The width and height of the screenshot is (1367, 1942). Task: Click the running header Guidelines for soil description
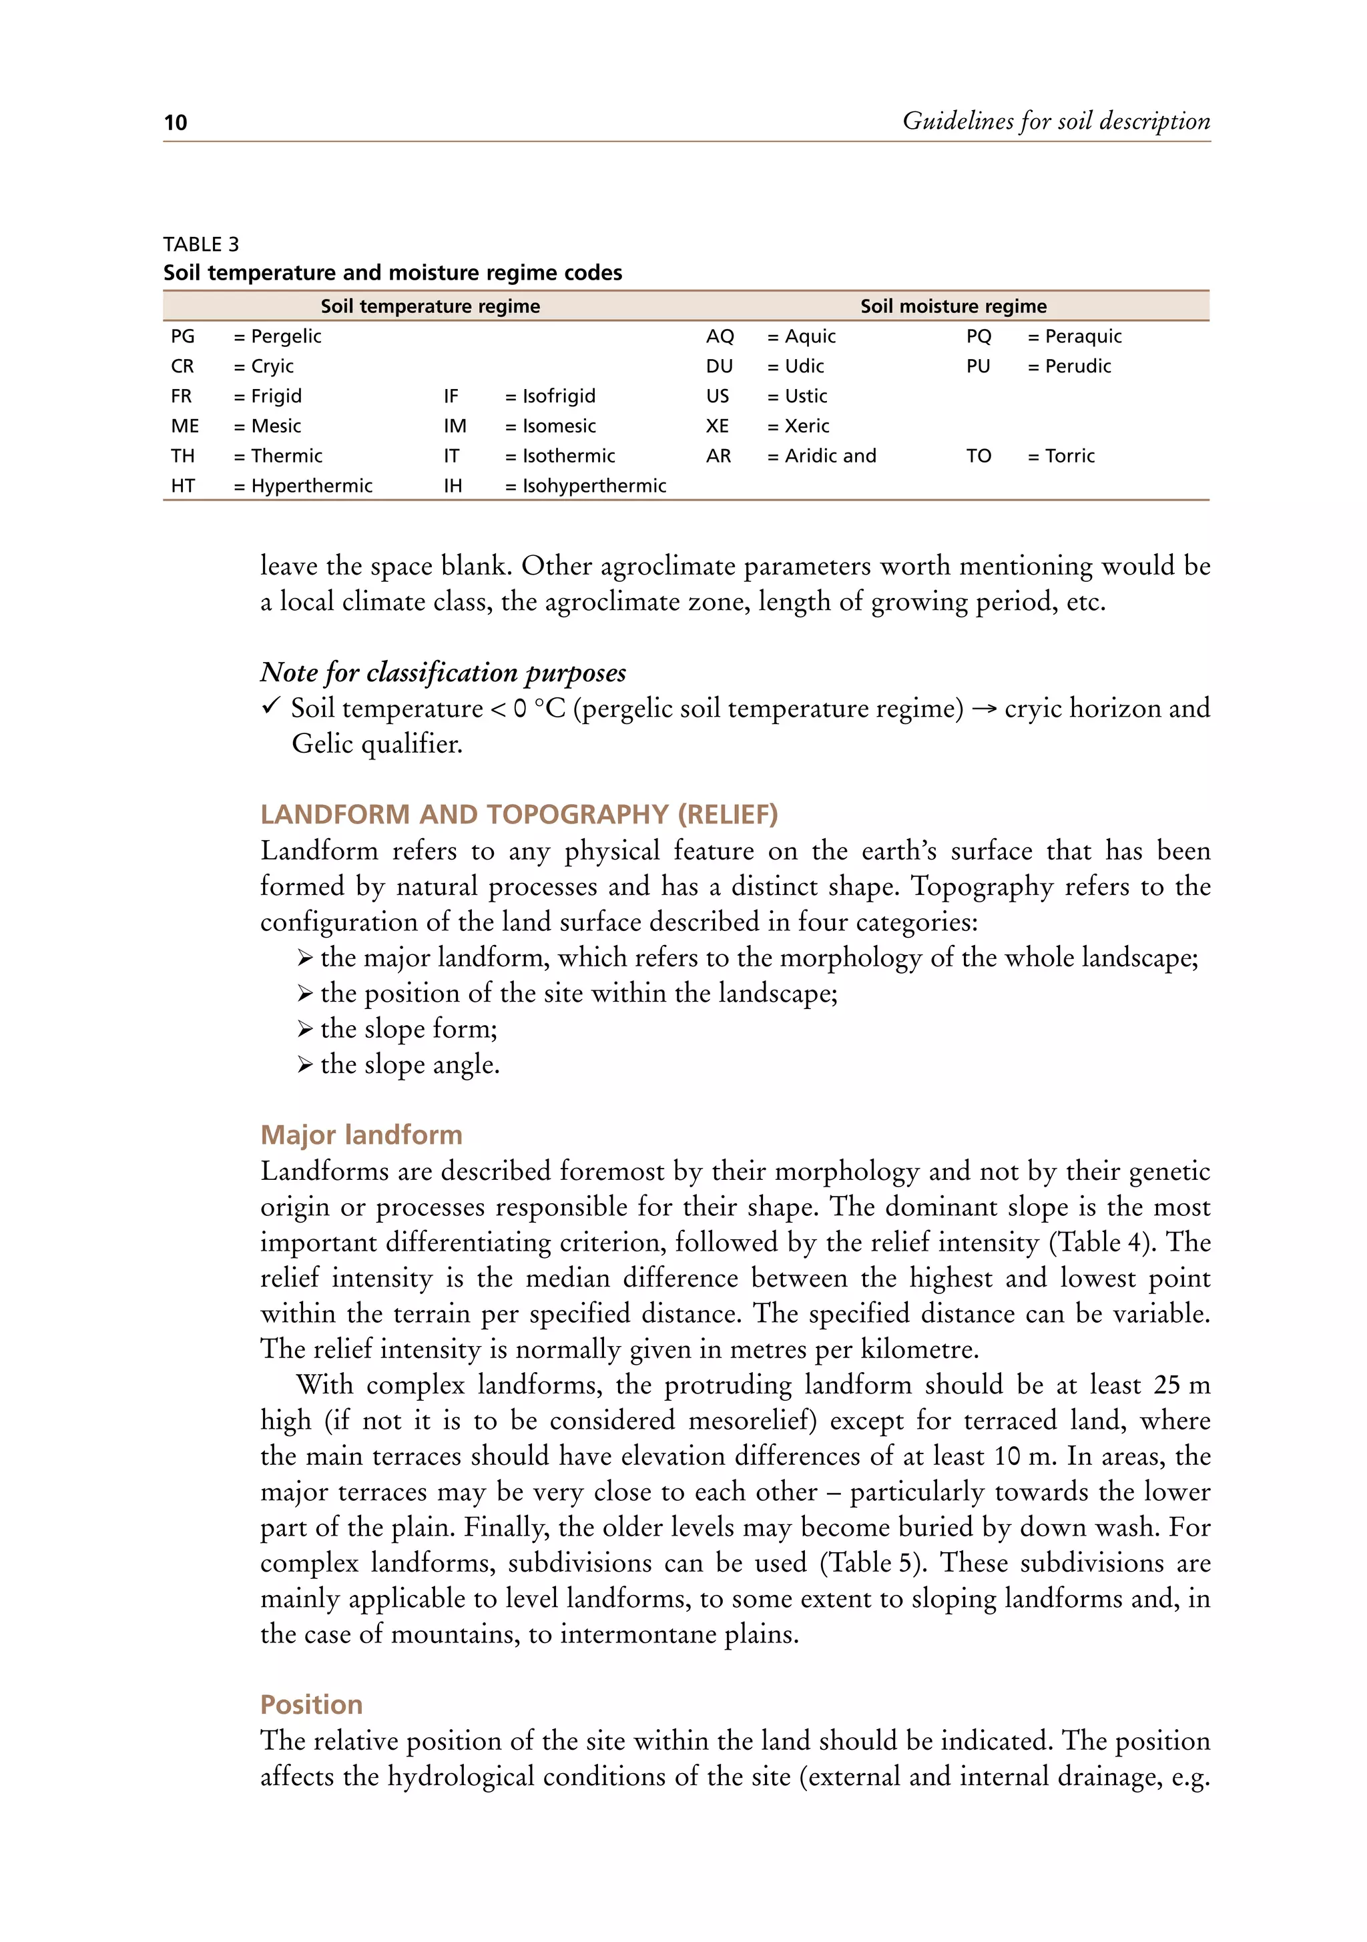coord(1056,121)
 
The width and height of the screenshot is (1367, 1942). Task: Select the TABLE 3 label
coord(202,244)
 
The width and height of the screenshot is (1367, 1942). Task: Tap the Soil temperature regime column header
coord(430,306)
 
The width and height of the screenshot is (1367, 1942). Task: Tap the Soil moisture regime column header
coord(953,306)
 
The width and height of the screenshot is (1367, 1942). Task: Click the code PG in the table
coord(183,336)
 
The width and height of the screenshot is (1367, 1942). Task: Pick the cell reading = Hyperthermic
coord(303,486)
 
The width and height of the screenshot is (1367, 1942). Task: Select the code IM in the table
coord(455,426)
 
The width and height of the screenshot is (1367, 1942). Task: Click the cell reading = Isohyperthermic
coord(585,486)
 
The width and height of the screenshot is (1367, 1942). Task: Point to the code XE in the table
coord(718,426)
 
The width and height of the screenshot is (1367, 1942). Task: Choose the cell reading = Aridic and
coord(822,456)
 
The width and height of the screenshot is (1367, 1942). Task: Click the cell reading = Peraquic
coord(1075,336)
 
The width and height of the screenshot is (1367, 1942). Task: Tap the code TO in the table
coord(979,456)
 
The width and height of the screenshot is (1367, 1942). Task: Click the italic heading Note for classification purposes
coord(443,673)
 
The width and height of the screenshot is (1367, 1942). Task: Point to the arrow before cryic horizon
coord(984,709)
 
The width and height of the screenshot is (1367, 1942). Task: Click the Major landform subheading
coord(361,1135)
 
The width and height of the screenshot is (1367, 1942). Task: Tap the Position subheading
coord(311,1704)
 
